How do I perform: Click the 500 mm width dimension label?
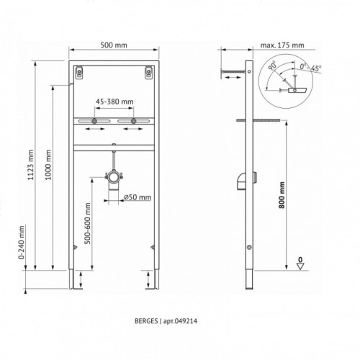pos(114,45)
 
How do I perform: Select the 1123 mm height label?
pos(30,165)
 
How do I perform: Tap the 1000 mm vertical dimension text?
pos(48,165)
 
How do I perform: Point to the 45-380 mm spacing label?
pos(114,102)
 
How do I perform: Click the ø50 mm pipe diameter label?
pos(138,197)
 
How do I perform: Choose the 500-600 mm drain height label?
pos(88,223)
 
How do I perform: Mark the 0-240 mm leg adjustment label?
pos(22,243)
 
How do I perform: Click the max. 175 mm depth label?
pos(282,45)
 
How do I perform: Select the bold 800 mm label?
pos(282,195)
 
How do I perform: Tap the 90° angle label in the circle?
pos(272,66)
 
